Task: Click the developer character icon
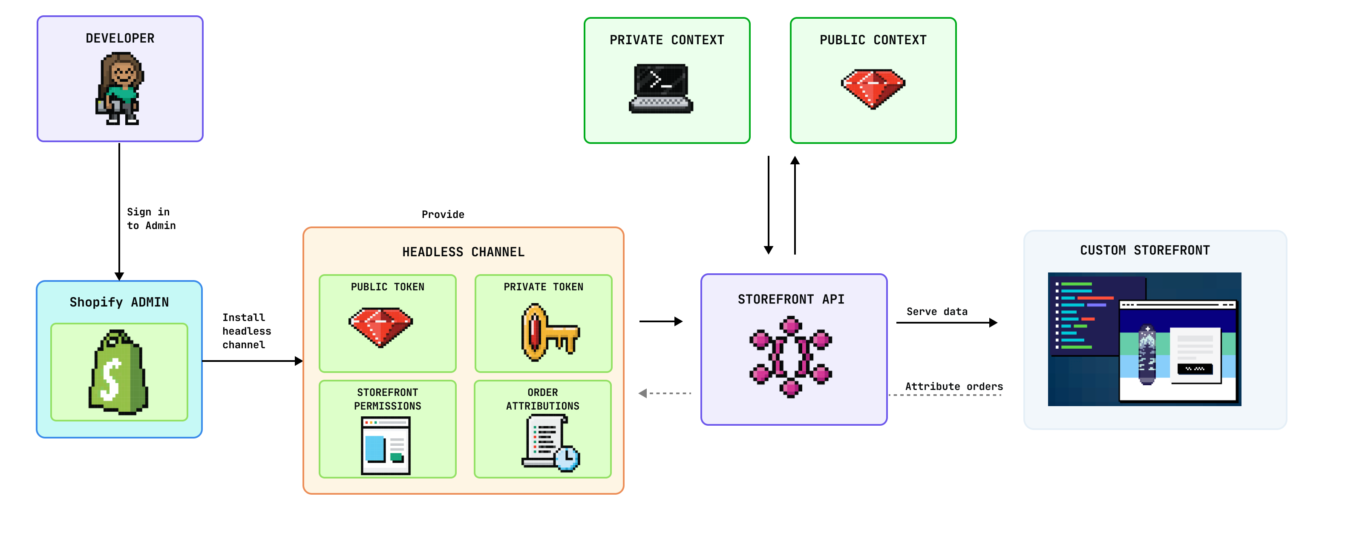(120, 89)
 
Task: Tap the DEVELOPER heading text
(120, 38)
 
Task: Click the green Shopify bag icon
(119, 373)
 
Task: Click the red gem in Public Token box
(380, 327)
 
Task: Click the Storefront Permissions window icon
(386, 446)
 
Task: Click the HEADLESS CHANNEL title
(463, 252)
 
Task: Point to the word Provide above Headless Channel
(443, 215)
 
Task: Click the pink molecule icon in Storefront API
(790, 357)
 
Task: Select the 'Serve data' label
(937, 311)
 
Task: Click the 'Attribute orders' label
(953, 386)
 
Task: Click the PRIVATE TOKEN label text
(543, 287)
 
